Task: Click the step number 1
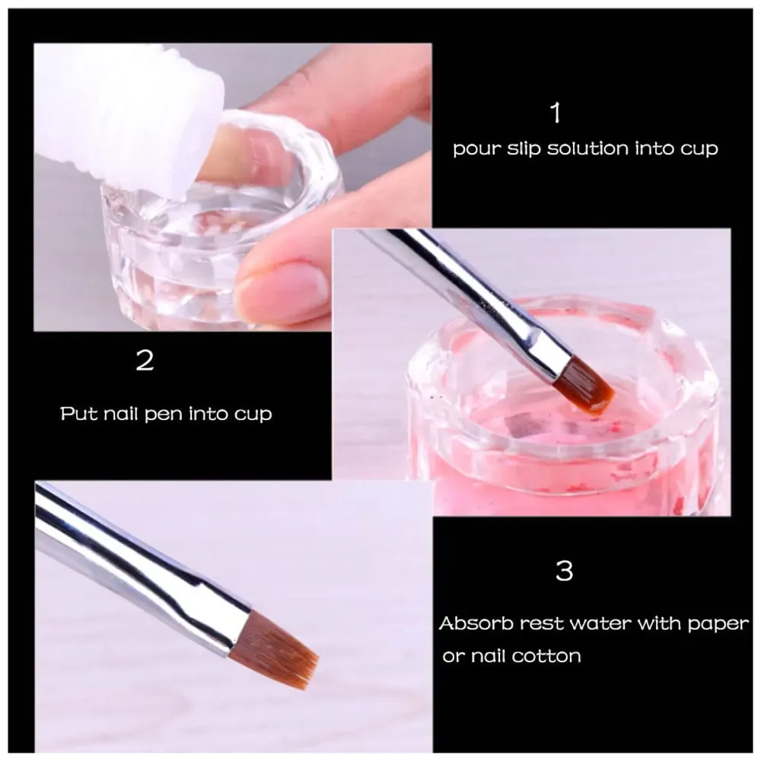pos(556,113)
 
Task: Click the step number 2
pos(145,360)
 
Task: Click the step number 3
pos(564,571)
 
